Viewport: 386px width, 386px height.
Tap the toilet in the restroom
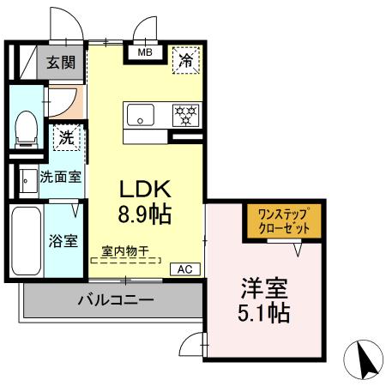coord(26,129)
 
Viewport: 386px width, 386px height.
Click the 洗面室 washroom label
coord(61,178)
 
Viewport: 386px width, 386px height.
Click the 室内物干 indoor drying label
coord(125,251)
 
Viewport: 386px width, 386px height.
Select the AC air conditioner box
coord(184,268)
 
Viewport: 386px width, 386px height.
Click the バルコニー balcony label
coord(115,300)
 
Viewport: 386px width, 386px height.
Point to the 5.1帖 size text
coord(264,312)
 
